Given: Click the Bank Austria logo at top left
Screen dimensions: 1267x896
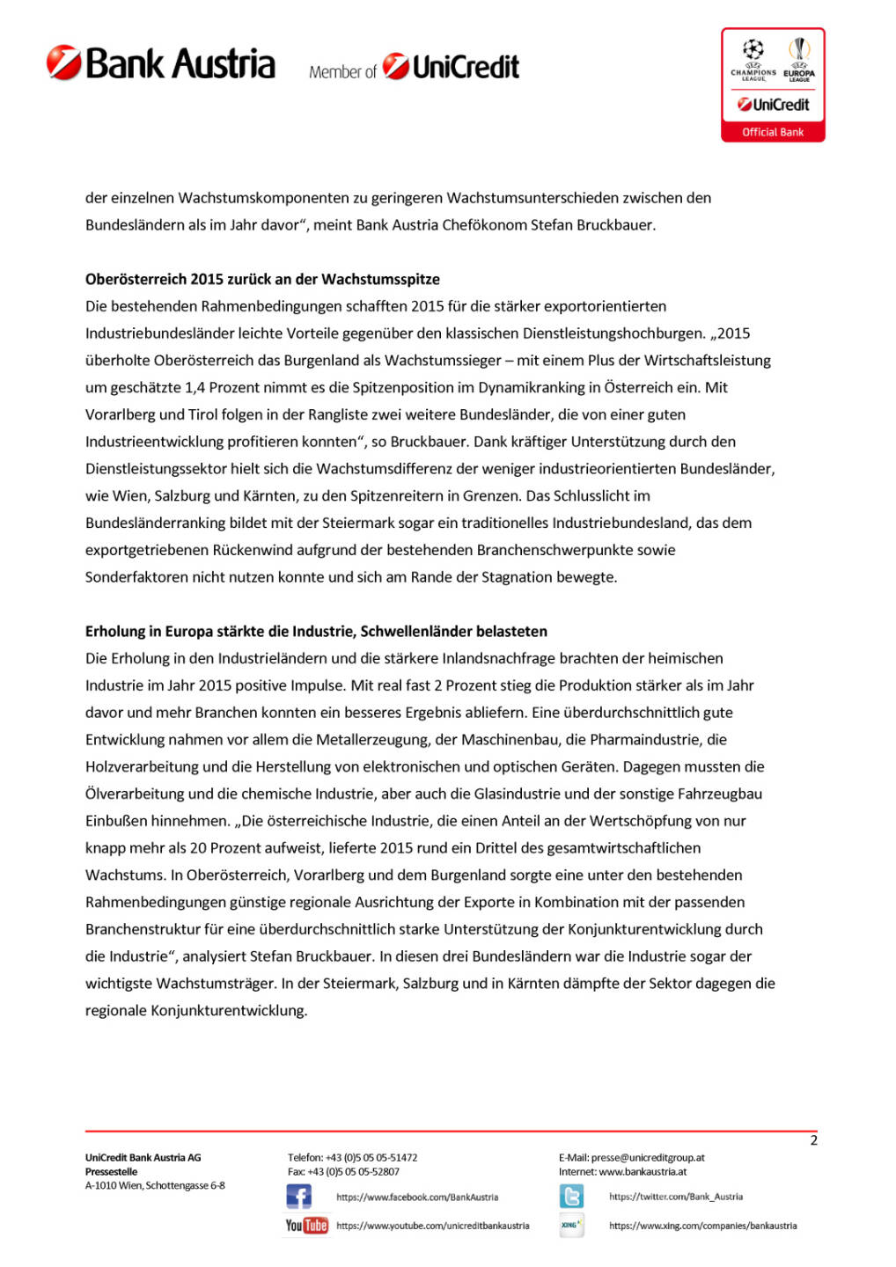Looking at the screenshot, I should (x=161, y=63).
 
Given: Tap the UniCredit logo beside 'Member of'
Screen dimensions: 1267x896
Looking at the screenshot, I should (x=452, y=67).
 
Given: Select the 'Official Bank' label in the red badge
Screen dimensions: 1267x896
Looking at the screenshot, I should (x=773, y=132).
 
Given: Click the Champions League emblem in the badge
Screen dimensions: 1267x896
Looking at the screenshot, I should (x=753, y=58).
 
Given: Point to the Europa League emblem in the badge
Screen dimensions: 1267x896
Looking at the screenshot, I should (x=799, y=58).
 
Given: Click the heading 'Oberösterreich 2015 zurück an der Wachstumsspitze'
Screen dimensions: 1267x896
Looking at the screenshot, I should (x=262, y=279).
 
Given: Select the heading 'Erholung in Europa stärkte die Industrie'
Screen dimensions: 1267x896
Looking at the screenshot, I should (x=316, y=631).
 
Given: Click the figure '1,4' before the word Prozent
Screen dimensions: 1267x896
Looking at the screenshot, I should (x=195, y=387).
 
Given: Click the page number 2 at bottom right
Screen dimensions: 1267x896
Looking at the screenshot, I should (x=813, y=1140).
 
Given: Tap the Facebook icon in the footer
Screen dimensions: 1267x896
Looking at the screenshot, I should (x=298, y=1197).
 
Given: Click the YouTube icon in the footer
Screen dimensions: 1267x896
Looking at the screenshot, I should (x=306, y=1225).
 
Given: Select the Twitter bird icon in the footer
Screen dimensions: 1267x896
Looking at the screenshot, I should (x=571, y=1197).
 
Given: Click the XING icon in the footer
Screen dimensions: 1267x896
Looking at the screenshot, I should (x=571, y=1225).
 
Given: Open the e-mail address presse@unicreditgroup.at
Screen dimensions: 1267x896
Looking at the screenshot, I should (x=648, y=1158).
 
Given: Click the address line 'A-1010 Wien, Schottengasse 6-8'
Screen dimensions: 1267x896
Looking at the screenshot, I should (x=155, y=1185).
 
